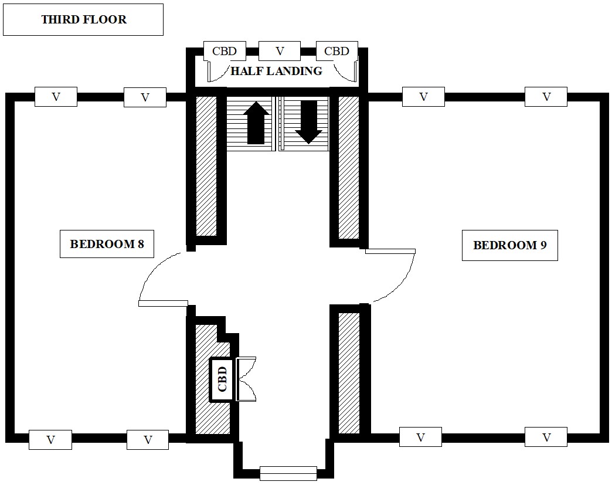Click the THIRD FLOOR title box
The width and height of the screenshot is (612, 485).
click(x=83, y=19)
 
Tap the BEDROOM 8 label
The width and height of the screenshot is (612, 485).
click(x=107, y=244)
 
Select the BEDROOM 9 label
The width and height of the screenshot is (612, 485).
click(x=509, y=245)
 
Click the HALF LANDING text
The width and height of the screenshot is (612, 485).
click(x=276, y=71)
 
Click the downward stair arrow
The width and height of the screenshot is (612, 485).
click(x=309, y=122)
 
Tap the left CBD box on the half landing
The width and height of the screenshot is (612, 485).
click(x=225, y=51)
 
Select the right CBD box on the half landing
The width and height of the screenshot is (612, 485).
click(x=336, y=51)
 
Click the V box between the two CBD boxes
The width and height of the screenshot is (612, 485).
click(x=280, y=51)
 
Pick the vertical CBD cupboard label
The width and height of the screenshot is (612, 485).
click(x=222, y=379)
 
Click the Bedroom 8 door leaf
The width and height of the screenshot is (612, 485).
click(x=163, y=303)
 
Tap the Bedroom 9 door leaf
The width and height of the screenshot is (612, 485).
click(x=390, y=251)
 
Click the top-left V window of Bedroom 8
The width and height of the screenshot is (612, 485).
click(x=56, y=97)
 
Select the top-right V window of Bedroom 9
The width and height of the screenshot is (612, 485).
click(x=546, y=97)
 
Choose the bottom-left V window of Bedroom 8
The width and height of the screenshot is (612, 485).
click(x=50, y=439)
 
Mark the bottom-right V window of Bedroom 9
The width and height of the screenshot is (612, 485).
click(x=546, y=437)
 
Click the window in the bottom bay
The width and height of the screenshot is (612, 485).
click(x=288, y=472)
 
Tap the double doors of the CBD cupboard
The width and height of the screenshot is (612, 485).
click(x=246, y=379)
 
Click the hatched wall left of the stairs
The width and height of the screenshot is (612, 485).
click(x=206, y=164)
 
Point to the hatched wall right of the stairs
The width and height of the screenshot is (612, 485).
click(x=349, y=167)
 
